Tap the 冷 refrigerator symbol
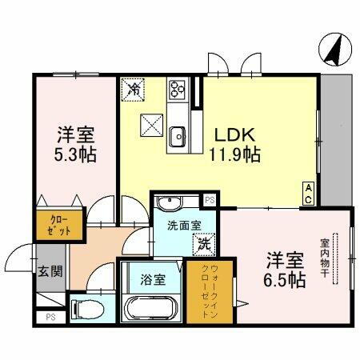pos(134,89)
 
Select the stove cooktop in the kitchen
pos(178,89)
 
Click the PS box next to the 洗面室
pos(210,200)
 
